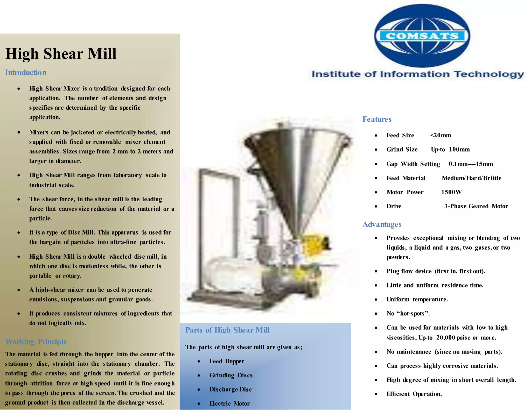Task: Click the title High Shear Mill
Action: [x=61, y=54]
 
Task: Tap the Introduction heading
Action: [x=26, y=73]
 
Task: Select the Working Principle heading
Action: [x=36, y=342]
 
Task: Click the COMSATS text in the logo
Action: [x=422, y=36]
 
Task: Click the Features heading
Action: [x=377, y=119]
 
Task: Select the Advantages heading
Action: [x=382, y=224]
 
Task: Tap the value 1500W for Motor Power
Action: [x=451, y=192]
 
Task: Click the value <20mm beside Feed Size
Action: [x=441, y=135]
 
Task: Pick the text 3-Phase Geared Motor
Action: [x=476, y=206]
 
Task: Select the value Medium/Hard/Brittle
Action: [x=471, y=178]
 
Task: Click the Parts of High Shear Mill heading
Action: [x=227, y=330]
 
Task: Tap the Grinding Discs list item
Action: [x=231, y=375]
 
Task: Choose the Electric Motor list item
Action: [x=229, y=404]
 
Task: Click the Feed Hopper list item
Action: [x=227, y=361]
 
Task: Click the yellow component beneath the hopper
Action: [x=316, y=244]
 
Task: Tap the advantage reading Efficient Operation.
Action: [x=414, y=394]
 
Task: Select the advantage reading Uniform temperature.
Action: [x=417, y=299]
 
